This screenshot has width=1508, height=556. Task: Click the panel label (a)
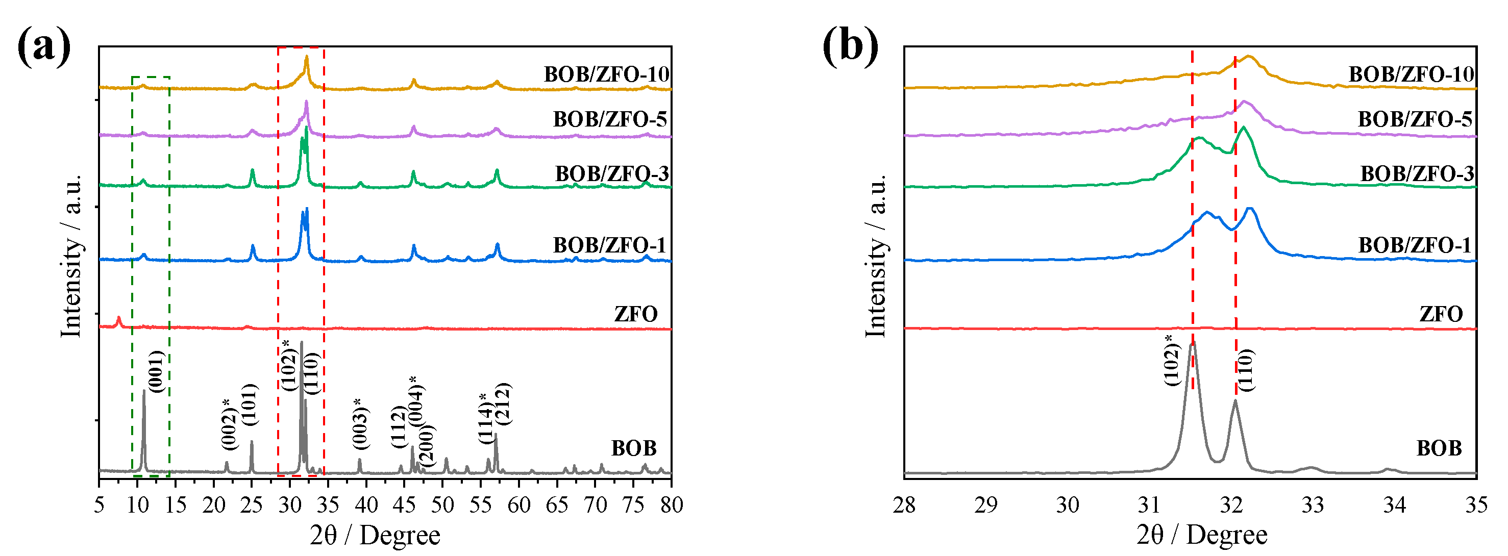pos(44,47)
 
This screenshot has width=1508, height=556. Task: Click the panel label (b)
pos(850,47)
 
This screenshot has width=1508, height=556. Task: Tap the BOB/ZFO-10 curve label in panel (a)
pos(606,74)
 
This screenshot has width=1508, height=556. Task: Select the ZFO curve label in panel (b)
pos(1441,314)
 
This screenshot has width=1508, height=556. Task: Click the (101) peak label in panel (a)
pos(250,404)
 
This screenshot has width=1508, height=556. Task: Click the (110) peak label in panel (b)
pos(1246,370)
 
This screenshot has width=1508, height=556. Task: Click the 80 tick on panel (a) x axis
pos(672,504)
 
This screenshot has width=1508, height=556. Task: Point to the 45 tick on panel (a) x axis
pos(405,504)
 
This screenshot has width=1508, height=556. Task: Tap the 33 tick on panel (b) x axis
pos(1313,504)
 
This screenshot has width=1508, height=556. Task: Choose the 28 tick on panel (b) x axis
pos(904,504)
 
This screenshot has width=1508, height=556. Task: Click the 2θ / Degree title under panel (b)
pos(1202,535)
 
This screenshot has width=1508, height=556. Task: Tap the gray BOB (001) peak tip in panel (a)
pos(143,391)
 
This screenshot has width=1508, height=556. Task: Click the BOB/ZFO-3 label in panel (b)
pos(1416,174)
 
